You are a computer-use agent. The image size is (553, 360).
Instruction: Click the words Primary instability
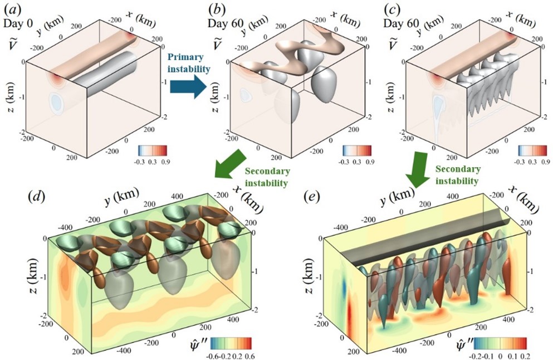(x=187, y=61)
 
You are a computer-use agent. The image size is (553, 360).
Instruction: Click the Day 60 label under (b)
(x=221, y=23)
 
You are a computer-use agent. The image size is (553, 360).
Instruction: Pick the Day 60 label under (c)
(x=395, y=23)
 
